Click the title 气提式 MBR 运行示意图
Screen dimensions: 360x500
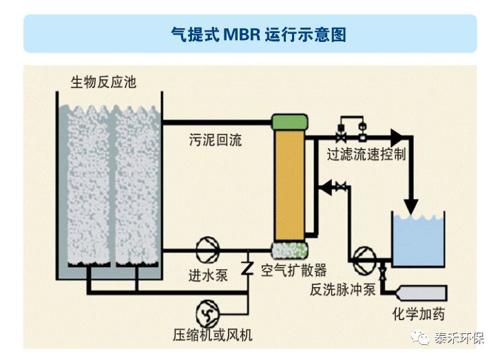click(249, 34)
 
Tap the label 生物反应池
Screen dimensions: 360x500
click(103, 83)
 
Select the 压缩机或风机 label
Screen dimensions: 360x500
click(213, 335)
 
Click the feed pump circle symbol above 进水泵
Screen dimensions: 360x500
click(206, 249)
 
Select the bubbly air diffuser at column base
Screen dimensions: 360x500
click(289, 249)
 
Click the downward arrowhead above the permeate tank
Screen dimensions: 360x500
click(411, 205)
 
